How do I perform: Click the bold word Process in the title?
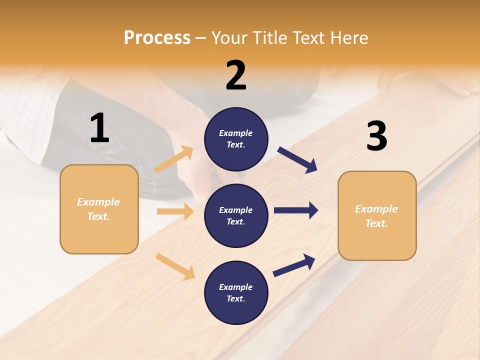tap(157, 38)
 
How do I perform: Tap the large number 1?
tap(99, 128)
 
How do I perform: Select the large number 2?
tap(236, 75)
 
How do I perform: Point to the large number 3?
tap(376, 136)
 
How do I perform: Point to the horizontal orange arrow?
tap(175, 211)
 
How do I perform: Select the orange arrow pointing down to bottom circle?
tap(175, 266)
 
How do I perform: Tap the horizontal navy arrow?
tap(295, 210)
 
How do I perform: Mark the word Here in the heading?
tap(349, 38)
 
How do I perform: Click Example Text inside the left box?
tap(98, 209)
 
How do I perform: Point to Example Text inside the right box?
tap(376, 216)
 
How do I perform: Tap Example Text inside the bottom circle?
tap(235, 293)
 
